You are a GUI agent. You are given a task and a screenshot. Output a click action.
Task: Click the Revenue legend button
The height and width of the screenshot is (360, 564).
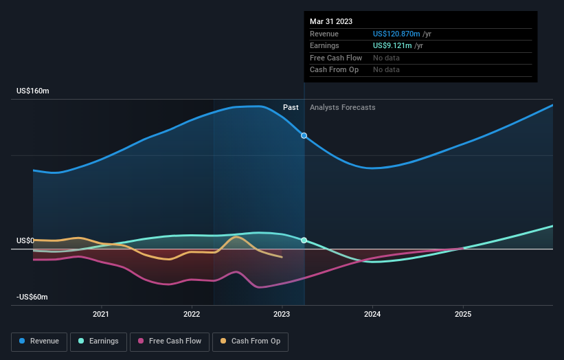(x=40, y=341)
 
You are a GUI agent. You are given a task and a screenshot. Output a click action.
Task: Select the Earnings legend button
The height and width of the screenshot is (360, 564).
(x=98, y=341)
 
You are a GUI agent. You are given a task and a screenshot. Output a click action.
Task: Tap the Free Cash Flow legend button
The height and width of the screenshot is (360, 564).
(x=169, y=341)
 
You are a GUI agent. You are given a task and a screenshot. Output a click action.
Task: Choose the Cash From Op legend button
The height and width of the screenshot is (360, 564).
(x=250, y=341)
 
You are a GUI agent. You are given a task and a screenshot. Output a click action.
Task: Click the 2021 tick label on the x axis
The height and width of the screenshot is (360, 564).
(x=101, y=314)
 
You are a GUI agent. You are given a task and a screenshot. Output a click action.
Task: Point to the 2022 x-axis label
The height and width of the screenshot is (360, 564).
(x=192, y=314)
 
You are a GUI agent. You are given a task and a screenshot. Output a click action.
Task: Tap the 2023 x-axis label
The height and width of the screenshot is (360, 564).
(x=282, y=314)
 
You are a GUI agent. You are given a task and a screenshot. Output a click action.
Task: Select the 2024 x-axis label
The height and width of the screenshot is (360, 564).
(x=372, y=314)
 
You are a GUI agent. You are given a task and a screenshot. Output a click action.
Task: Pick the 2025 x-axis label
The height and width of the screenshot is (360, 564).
(x=463, y=314)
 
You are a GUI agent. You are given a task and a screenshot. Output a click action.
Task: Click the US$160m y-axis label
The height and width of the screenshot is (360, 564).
(x=33, y=91)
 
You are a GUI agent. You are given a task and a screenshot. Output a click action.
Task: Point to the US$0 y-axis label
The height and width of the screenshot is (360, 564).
(x=25, y=240)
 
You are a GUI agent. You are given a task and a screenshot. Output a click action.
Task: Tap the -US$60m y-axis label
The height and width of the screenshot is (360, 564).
(x=33, y=297)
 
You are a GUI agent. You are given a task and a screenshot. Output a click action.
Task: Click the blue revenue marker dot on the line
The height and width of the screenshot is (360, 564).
(x=304, y=135)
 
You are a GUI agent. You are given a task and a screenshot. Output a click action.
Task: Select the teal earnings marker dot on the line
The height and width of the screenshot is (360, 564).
(x=304, y=240)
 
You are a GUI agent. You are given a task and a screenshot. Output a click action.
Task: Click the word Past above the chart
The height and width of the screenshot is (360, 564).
(x=291, y=107)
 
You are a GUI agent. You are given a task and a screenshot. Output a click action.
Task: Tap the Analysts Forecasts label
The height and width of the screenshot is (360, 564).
(x=343, y=107)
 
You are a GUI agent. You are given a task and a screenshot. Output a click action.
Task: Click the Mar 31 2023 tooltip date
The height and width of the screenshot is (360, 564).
(x=331, y=21)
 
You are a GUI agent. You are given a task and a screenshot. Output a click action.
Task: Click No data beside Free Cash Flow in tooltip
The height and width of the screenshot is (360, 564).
(x=386, y=58)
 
